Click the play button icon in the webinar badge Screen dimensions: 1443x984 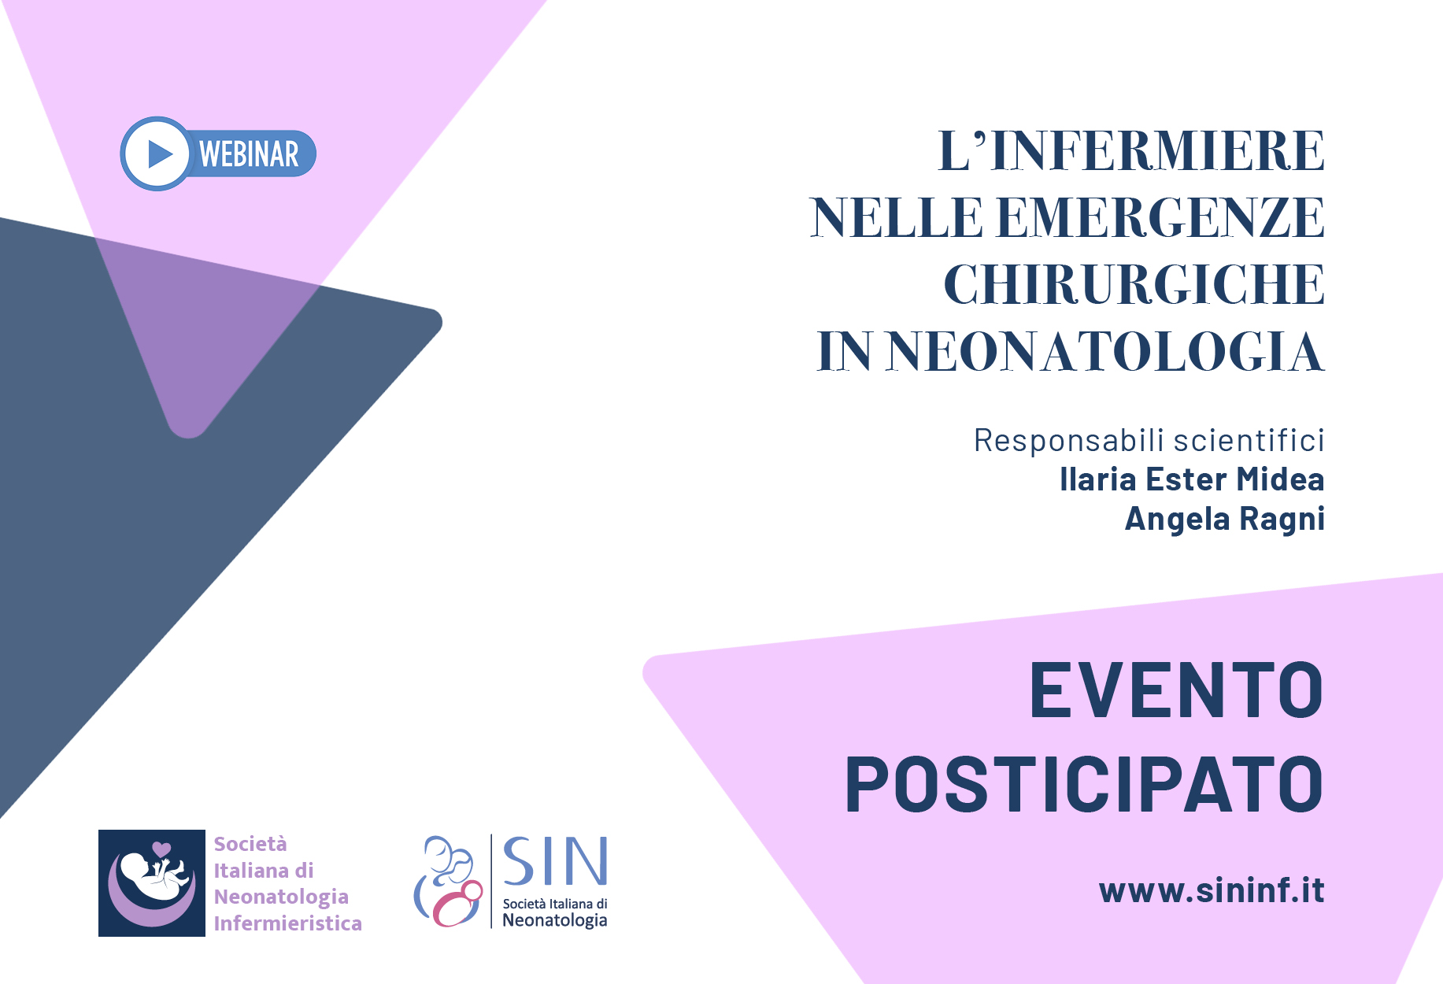pos(157,154)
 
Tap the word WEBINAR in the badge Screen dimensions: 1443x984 pos(249,154)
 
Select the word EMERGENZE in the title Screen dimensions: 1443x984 pos(1161,217)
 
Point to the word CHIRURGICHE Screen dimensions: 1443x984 pos(1134,284)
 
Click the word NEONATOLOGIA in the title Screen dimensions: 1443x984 pos(1107,351)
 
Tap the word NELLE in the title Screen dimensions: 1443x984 pos(897,217)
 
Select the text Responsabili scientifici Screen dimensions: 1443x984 pos(1149,440)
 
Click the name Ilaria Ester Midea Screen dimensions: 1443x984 pos(1192,479)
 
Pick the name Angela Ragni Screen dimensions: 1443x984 pos(1225,520)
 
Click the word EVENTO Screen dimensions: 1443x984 pos(1177,690)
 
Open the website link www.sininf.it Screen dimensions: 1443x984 pos(1212,890)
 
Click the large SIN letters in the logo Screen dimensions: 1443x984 pos(555,862)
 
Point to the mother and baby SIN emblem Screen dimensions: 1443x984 pos(448,882)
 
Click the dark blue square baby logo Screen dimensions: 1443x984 pos(152,883)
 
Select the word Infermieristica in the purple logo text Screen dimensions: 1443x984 pos(288,923)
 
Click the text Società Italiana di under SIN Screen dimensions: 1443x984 pos(555,904)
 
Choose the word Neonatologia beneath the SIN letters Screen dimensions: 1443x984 pos(555,920)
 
